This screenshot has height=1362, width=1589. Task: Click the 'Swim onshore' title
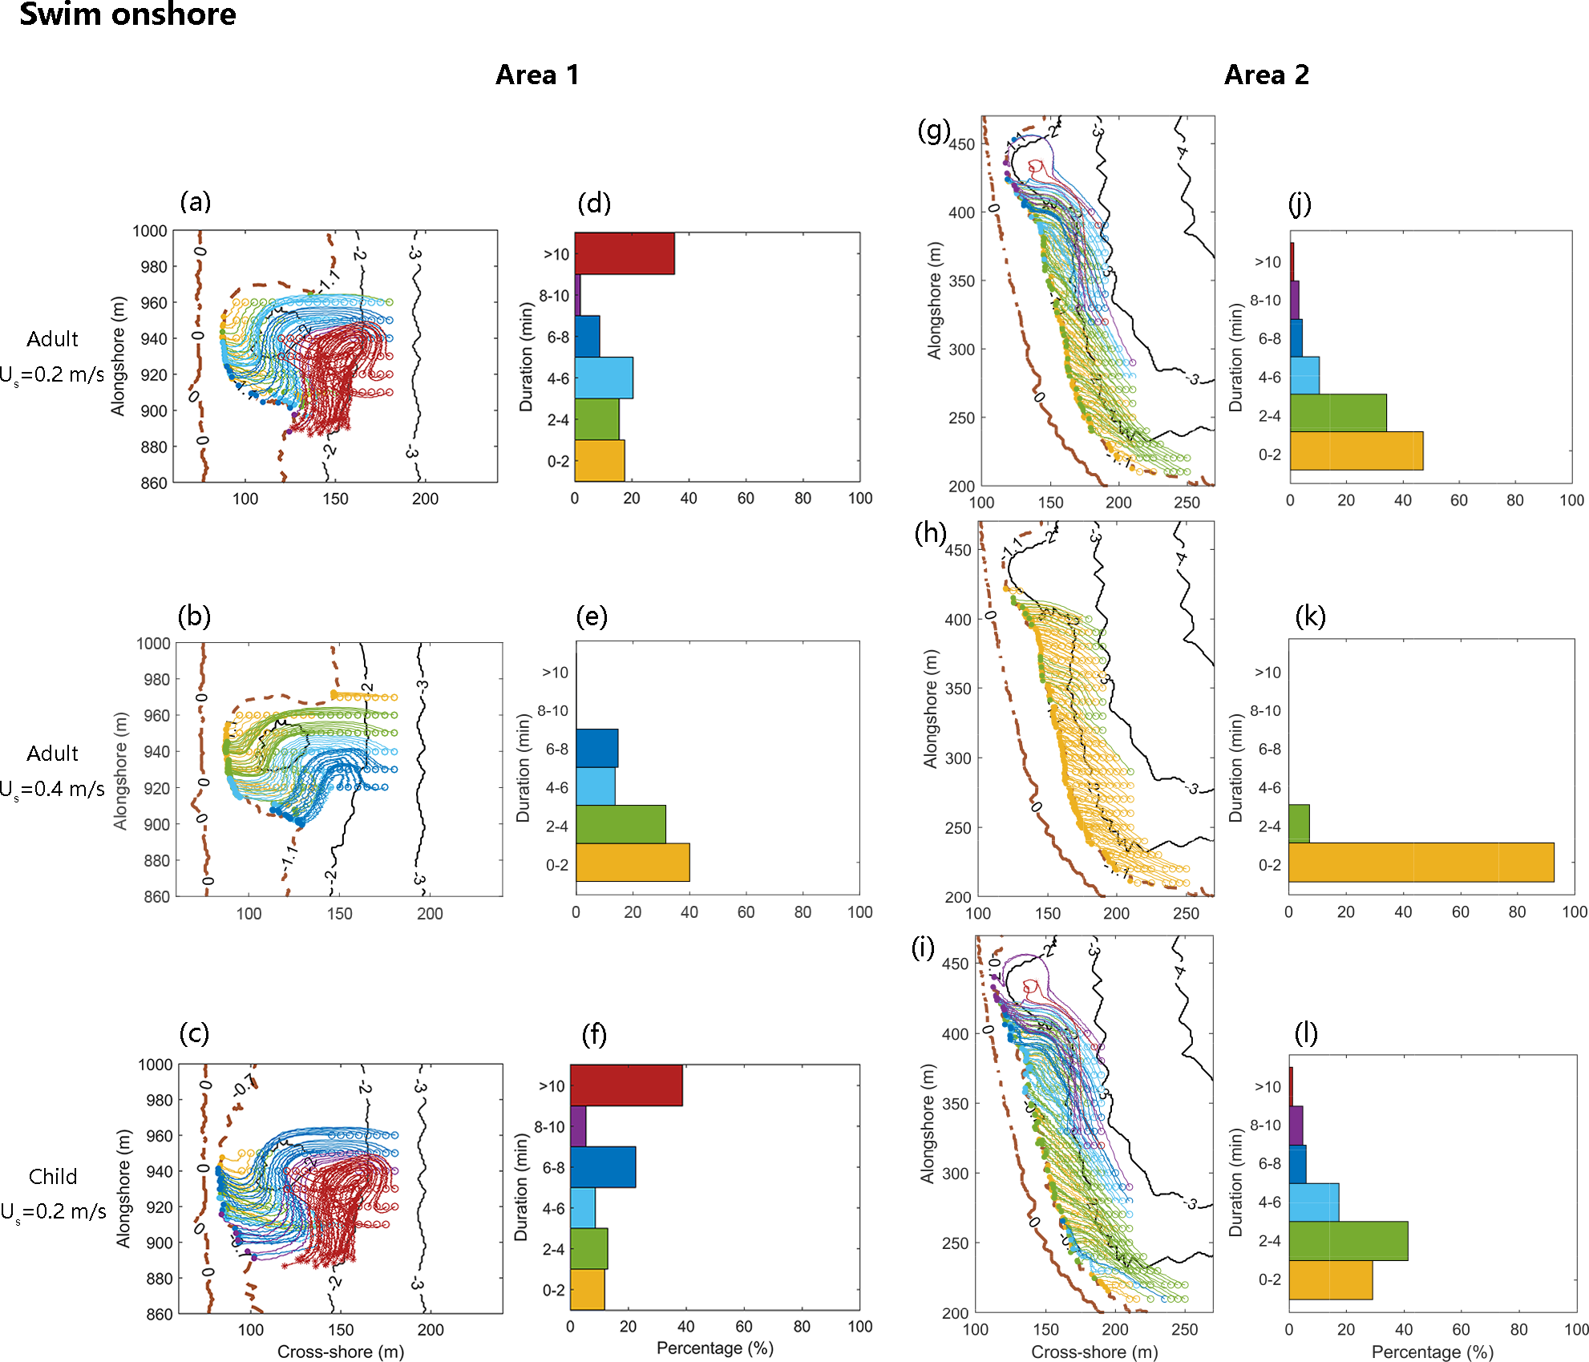tap(127, 14)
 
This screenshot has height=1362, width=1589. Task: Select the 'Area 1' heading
tap(537, 75)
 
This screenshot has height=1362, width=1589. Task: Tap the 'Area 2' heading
tap(1267, 75)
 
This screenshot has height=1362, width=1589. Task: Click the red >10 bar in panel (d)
tap(625, 254)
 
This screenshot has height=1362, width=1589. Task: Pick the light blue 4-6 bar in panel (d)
tap(604, 378)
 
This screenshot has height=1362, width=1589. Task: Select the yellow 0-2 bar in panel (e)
tap(633, 863)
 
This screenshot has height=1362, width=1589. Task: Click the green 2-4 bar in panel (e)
tap(621, 824)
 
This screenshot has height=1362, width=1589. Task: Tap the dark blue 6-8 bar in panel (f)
tap(603, 1167)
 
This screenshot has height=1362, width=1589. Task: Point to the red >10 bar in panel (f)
tap(626, 1085)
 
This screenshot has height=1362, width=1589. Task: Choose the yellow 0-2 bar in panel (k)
tap(1421, 863)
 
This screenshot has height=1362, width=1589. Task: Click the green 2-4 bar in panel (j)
tap(1338, 413)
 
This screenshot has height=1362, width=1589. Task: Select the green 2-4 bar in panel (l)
tap(1348, 1241)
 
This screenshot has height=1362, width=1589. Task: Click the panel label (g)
tap(933, 130)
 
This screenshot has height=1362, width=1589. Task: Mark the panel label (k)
tap(1310, 616)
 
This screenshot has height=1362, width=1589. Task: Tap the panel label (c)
tap(195, 1033)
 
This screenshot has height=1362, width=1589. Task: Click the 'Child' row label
tap(53, 1177)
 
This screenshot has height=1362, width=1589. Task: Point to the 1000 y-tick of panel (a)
tap(150, 232)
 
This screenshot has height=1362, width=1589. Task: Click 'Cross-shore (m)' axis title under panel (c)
tap(341, 1352)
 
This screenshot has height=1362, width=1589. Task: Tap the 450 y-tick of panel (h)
tap(958, 551)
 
